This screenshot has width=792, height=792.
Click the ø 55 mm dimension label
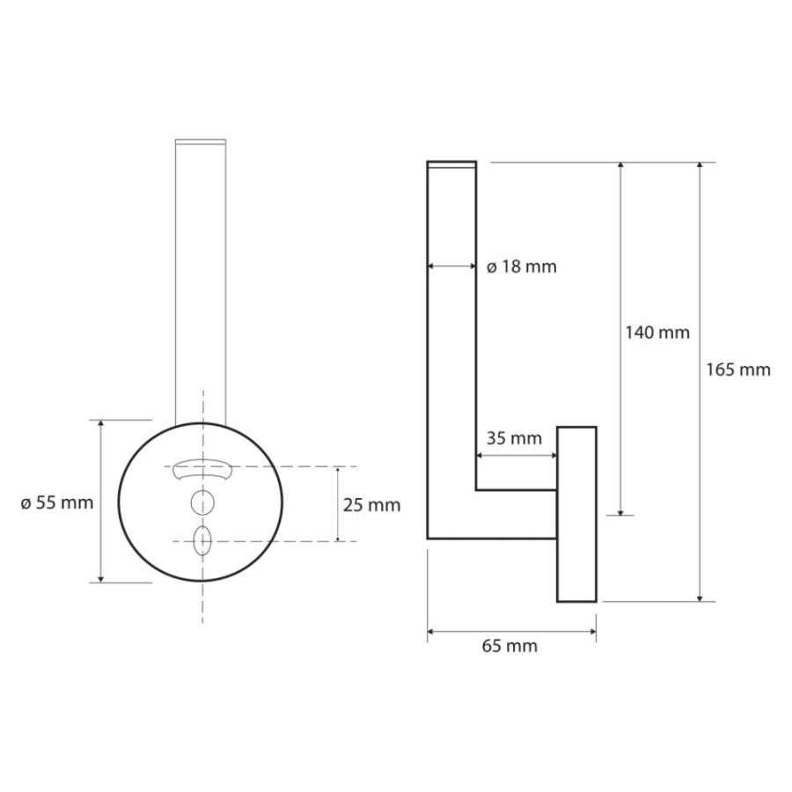coord(57,503)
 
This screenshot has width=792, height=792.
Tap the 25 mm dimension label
coord(371,505)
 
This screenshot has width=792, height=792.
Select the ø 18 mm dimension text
coord(522,266)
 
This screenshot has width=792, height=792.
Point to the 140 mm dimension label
coord(657,333)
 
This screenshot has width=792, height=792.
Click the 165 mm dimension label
coord(738,370)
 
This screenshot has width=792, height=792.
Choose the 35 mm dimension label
coord(514,438)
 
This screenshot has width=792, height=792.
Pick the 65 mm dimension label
coord(510,646)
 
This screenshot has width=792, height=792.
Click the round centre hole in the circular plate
coord(202,503)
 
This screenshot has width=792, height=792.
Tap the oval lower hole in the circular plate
coord(202,540)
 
